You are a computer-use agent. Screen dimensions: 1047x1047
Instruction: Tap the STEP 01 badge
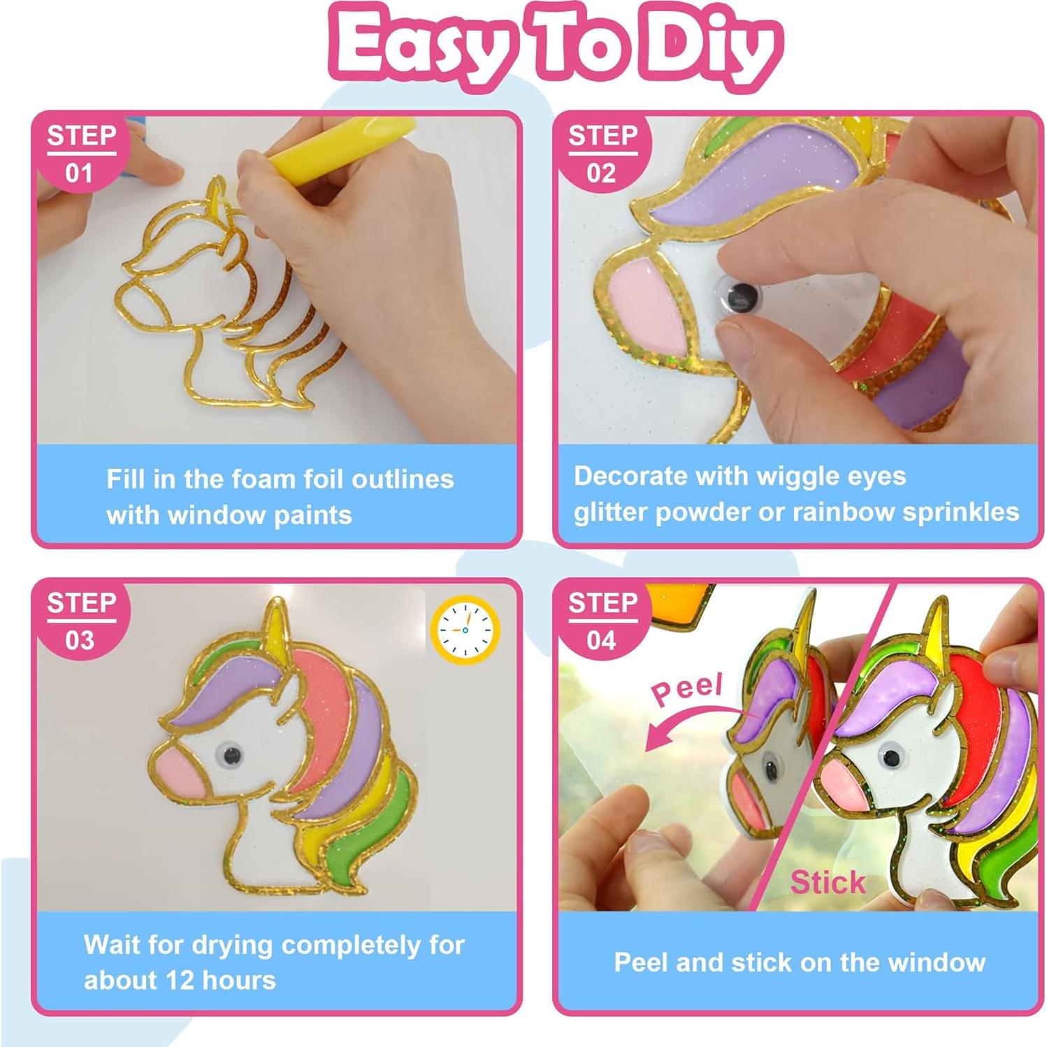coord(80,154)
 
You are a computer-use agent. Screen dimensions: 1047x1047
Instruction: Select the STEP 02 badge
coord(602,154)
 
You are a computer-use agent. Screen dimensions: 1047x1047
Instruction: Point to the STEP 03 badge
coord(80,621)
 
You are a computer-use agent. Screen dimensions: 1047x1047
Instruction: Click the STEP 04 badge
coord(602,621)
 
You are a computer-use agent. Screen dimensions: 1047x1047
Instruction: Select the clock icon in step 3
coord(465,630)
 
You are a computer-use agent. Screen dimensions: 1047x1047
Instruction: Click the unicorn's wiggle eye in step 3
coord(229,754)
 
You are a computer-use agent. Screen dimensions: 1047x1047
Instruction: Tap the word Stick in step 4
coord(828,882)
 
